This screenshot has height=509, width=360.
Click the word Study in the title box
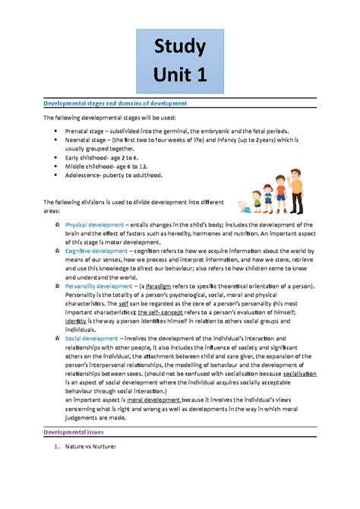point(179,48)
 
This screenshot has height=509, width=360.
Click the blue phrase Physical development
point(94,225)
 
